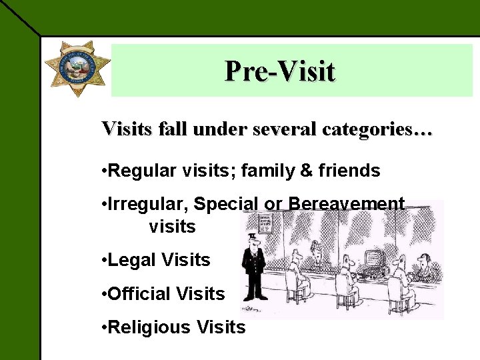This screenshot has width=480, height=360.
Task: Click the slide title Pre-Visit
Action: (x=279, y=71)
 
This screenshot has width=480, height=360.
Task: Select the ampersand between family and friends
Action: (x=307, y=171)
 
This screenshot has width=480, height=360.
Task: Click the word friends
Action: (x=349, y=171)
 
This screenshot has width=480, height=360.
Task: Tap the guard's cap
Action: (x=253, y=236)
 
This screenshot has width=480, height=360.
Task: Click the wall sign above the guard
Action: (x=265, y=223)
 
